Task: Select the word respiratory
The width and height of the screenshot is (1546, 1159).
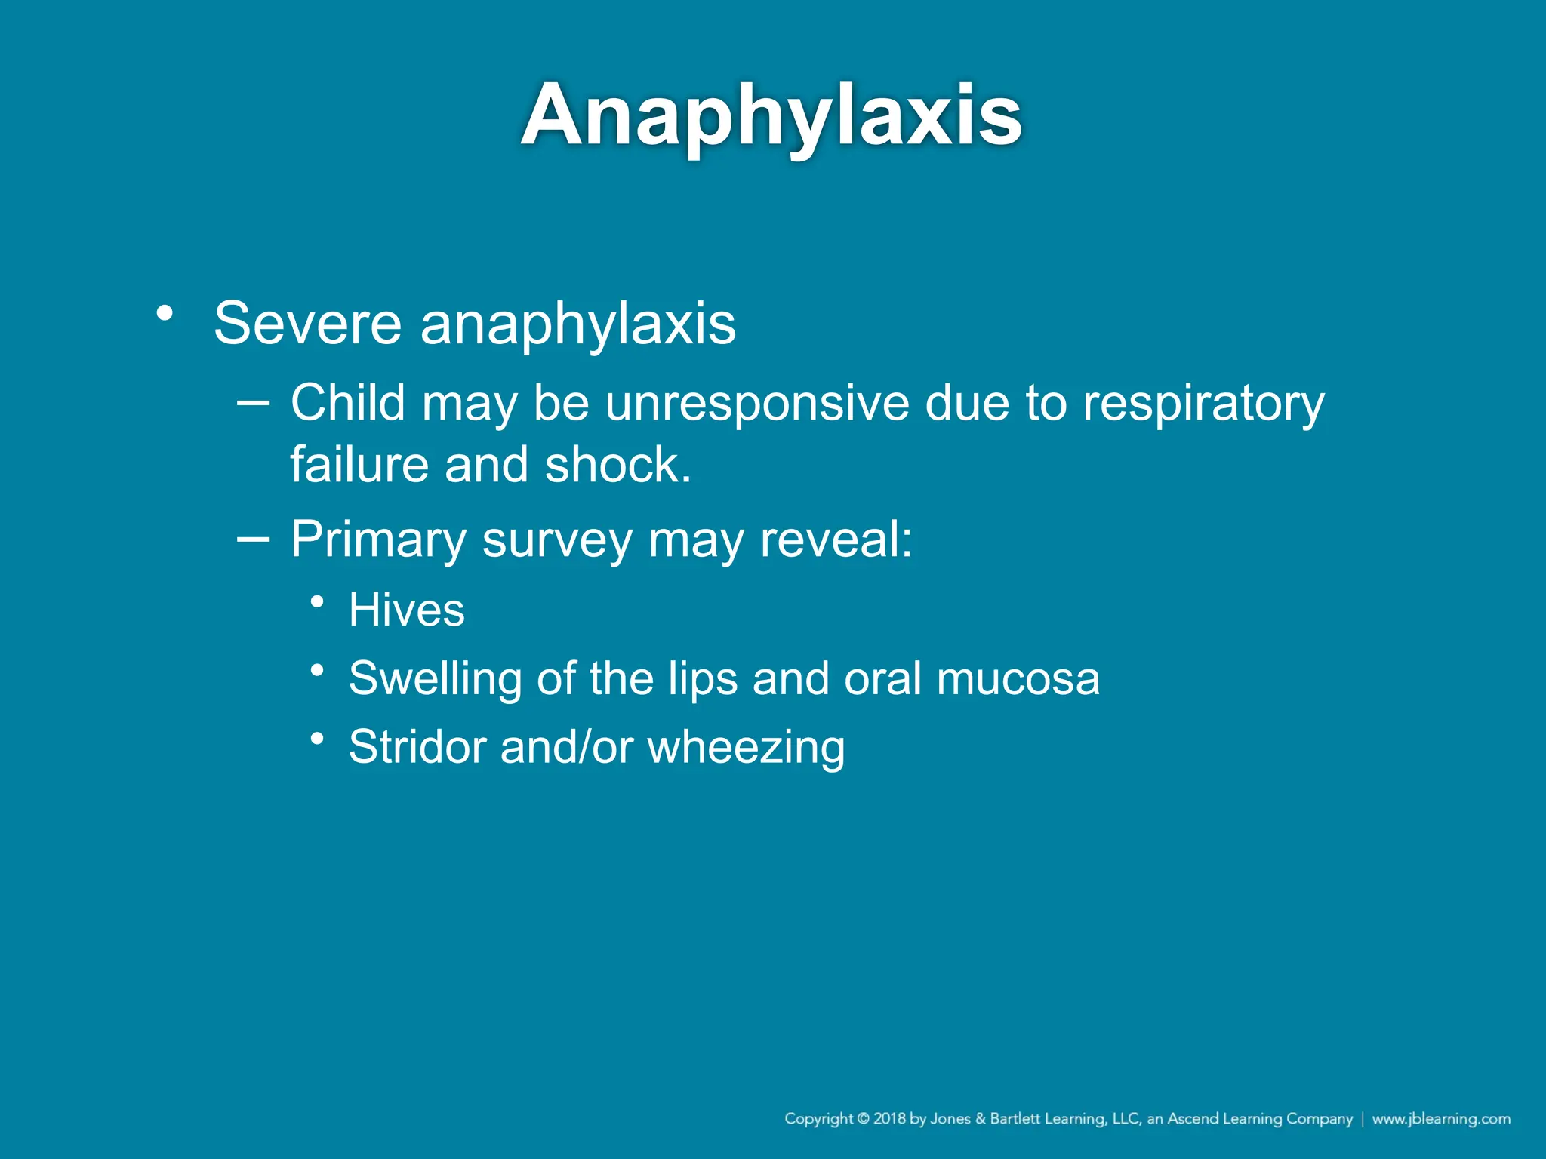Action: [1203, 404]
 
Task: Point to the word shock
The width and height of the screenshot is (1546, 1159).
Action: [617, 465]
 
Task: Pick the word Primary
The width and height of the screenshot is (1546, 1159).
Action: [378, 540]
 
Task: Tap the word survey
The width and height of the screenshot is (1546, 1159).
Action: [557, 540]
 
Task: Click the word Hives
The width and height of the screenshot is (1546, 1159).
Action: [406, 609]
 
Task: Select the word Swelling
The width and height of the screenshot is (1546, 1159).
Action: [435, 678]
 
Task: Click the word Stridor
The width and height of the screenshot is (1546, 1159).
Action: [417, 747]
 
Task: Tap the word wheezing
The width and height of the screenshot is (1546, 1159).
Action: [746, 748]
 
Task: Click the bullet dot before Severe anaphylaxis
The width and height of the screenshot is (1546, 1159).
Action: [165, 312]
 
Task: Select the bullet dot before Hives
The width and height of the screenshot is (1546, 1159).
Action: [318, 601]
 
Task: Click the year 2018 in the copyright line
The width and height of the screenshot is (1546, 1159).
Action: [889, 1118]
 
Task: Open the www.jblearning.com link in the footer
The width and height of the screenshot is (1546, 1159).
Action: [1441, 1118]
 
